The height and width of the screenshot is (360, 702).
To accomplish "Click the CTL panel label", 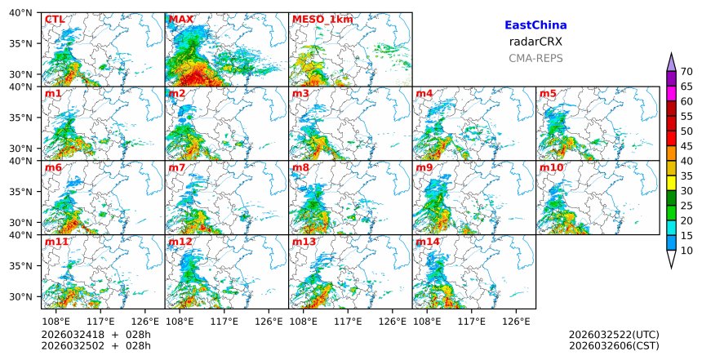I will coord(54,20).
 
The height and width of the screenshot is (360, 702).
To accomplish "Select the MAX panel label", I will coord(180,20).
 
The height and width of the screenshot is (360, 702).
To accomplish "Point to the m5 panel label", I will coord(548,94).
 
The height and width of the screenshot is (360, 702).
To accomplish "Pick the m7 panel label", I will coord(177,168).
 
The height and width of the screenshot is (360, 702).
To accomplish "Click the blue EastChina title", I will coord(535,26).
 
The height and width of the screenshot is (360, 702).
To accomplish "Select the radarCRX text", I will coord(535,42).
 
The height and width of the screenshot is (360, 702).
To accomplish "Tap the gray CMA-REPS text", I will coord(535,59).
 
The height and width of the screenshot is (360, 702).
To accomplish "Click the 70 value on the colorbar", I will coord(687,71).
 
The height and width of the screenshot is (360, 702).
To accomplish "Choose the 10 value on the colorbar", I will coord(687,251).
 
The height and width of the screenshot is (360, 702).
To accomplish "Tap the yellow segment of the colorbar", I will coord(671,184).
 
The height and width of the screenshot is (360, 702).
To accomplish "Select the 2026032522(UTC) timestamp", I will coord(614,336).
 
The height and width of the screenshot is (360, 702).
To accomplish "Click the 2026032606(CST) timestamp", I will coord(614,346).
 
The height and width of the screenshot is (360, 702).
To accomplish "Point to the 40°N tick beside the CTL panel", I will coord(23,13).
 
